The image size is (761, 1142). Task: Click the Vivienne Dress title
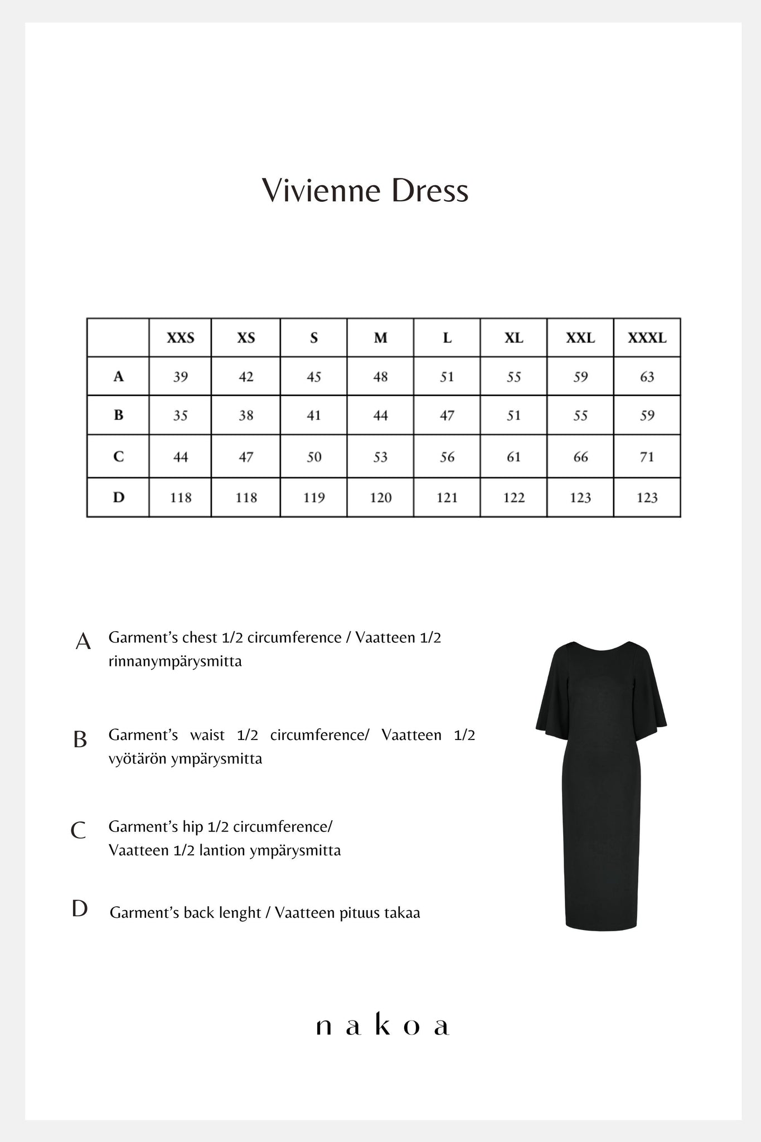pos(365,191)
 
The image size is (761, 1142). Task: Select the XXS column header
pos(180,338)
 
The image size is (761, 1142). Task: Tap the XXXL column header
pos(647,338)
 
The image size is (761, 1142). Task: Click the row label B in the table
pos(118,415)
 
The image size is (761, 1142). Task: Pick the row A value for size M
pos(380,377)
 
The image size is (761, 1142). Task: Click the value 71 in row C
pos(647,457)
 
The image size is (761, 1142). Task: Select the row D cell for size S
pos(314,497)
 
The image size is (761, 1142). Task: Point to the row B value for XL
pos(513,415)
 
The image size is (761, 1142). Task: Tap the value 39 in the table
pos(180,377)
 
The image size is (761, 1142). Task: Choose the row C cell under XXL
pos(580,457)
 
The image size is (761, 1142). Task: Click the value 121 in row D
pos(447,497)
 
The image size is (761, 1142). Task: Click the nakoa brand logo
pos(382,1026)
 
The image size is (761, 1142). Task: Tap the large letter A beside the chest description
pos(83,642)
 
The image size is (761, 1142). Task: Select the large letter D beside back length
pos(80,908)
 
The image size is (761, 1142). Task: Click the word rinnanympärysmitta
pos(175,662)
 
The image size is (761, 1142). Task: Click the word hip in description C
pos(192,826)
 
